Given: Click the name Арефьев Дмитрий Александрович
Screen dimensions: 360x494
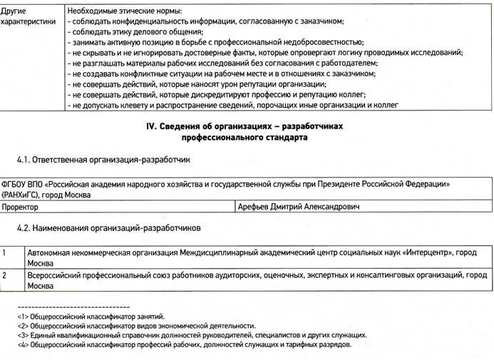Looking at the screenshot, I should point(299,207).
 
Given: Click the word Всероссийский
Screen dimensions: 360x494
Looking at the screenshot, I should point(56,274).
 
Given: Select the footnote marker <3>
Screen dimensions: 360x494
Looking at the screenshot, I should point(24,334).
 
